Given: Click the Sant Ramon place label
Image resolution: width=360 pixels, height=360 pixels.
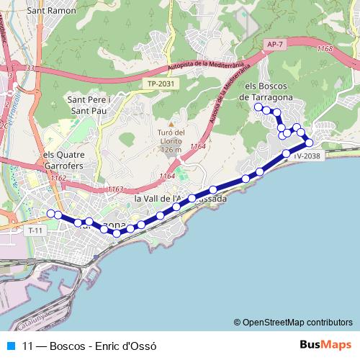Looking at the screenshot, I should pos(47,12).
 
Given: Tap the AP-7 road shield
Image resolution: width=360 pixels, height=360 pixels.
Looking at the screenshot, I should pos(272,45).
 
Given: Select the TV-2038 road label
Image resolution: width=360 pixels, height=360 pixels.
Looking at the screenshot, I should pos(306,156).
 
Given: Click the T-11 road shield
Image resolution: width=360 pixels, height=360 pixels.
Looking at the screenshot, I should pos(35,230).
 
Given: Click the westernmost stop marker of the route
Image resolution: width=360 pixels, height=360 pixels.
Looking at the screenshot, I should pos(50,213).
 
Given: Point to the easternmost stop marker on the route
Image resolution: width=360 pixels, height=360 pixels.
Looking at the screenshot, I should pos(309,143).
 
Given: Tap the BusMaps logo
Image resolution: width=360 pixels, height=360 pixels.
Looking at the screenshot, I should pos(326,345).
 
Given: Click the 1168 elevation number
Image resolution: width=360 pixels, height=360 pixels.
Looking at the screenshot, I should pos(325,48).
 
